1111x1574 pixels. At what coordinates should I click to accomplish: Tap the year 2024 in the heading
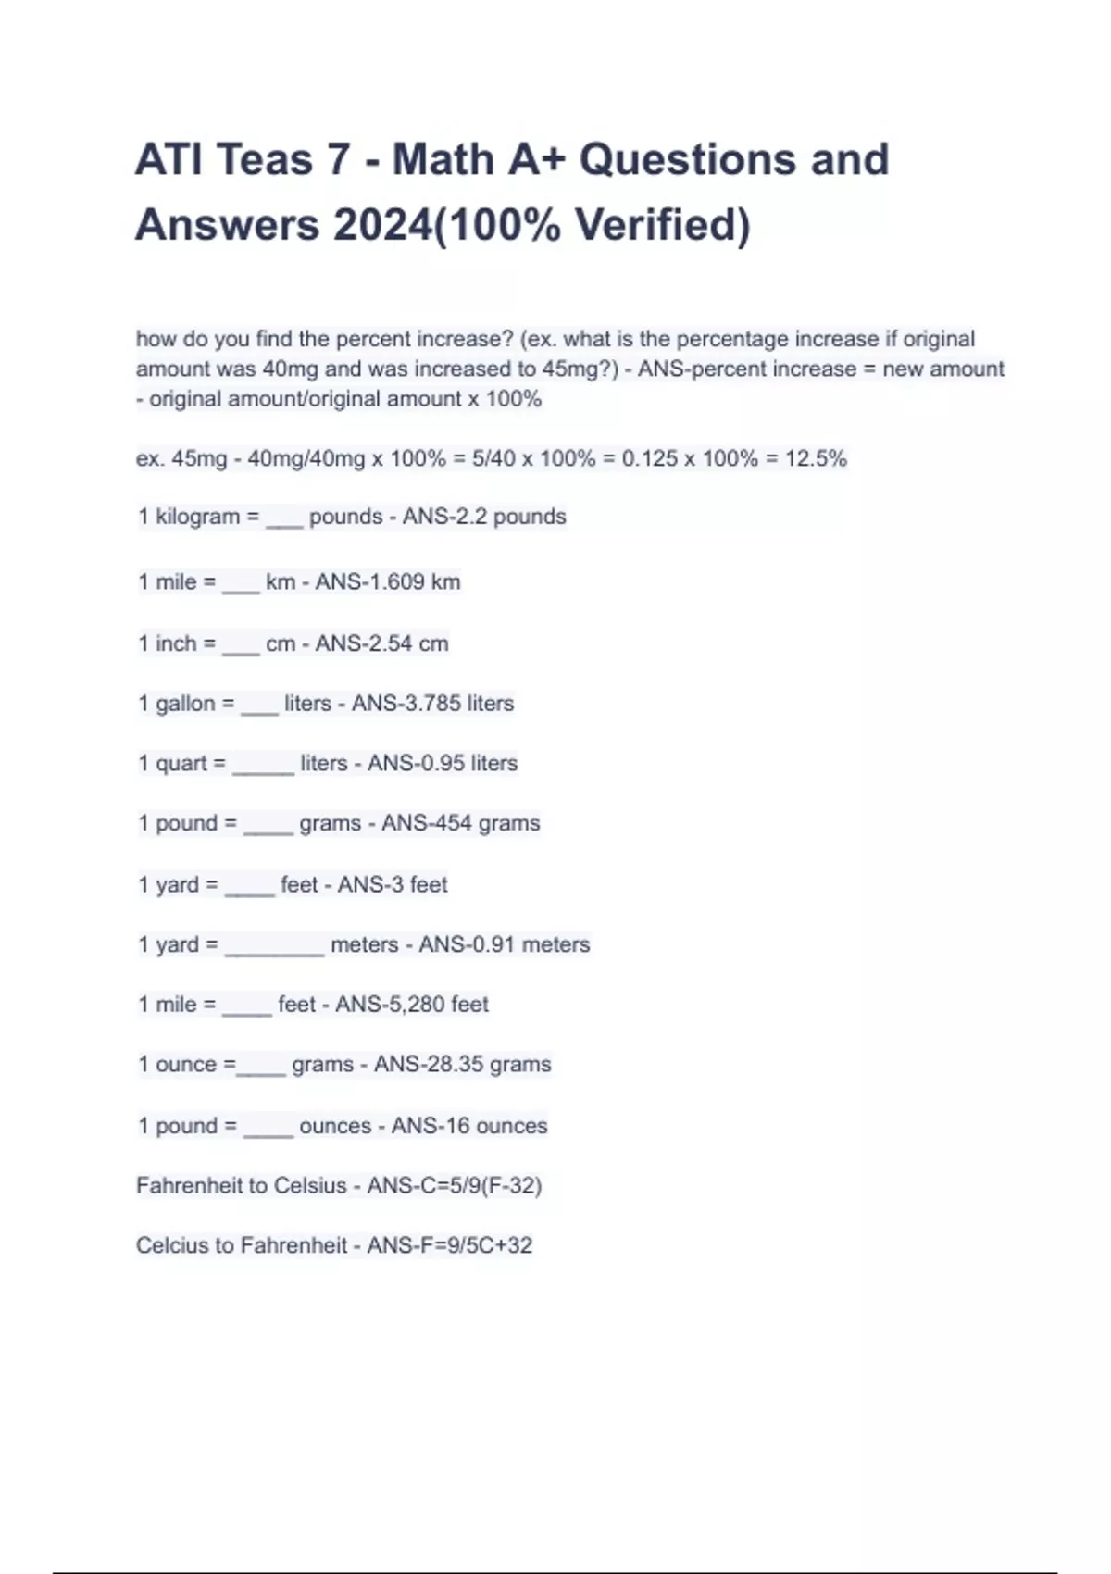pos(382,225)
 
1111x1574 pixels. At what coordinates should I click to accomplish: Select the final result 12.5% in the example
pos(816,458)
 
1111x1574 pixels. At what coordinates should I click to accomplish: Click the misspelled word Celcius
pos(172,1245)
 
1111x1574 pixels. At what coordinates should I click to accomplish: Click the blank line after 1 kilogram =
pos(284,523)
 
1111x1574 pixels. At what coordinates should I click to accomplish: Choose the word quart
pos(181,764)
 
